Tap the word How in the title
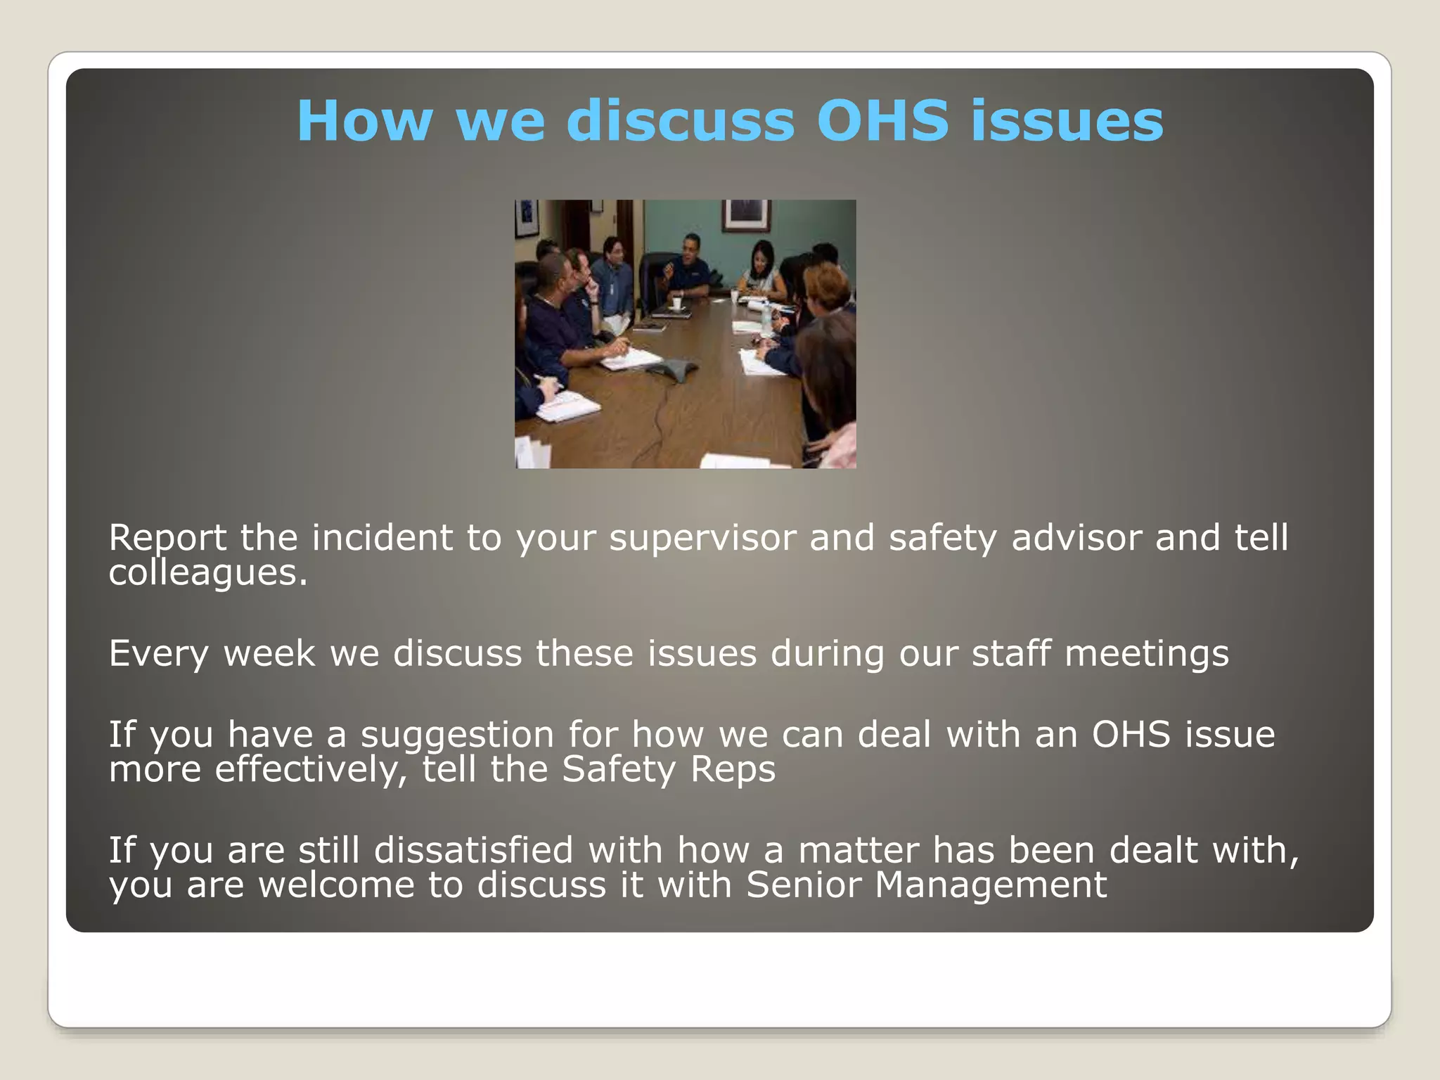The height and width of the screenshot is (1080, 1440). (x=364, y=120)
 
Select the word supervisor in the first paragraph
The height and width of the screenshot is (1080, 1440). (x=702, y=538)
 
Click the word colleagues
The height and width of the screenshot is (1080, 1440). (x=208, y=572)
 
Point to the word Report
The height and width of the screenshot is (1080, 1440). (x=168, y=538)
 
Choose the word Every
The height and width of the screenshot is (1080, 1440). (x=159, y=653)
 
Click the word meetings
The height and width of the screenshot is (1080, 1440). (x=1147, y=653)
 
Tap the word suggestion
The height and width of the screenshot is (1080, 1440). (x=458, y=735)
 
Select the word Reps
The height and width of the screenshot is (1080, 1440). (x=733, y=769)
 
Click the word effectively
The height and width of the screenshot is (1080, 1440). (x=311, y=769)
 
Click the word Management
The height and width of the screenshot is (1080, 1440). (x=991, y=885)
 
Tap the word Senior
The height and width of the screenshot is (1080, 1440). (x=804, y=885)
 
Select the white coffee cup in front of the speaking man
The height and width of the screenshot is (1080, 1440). (x=676, y=303)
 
